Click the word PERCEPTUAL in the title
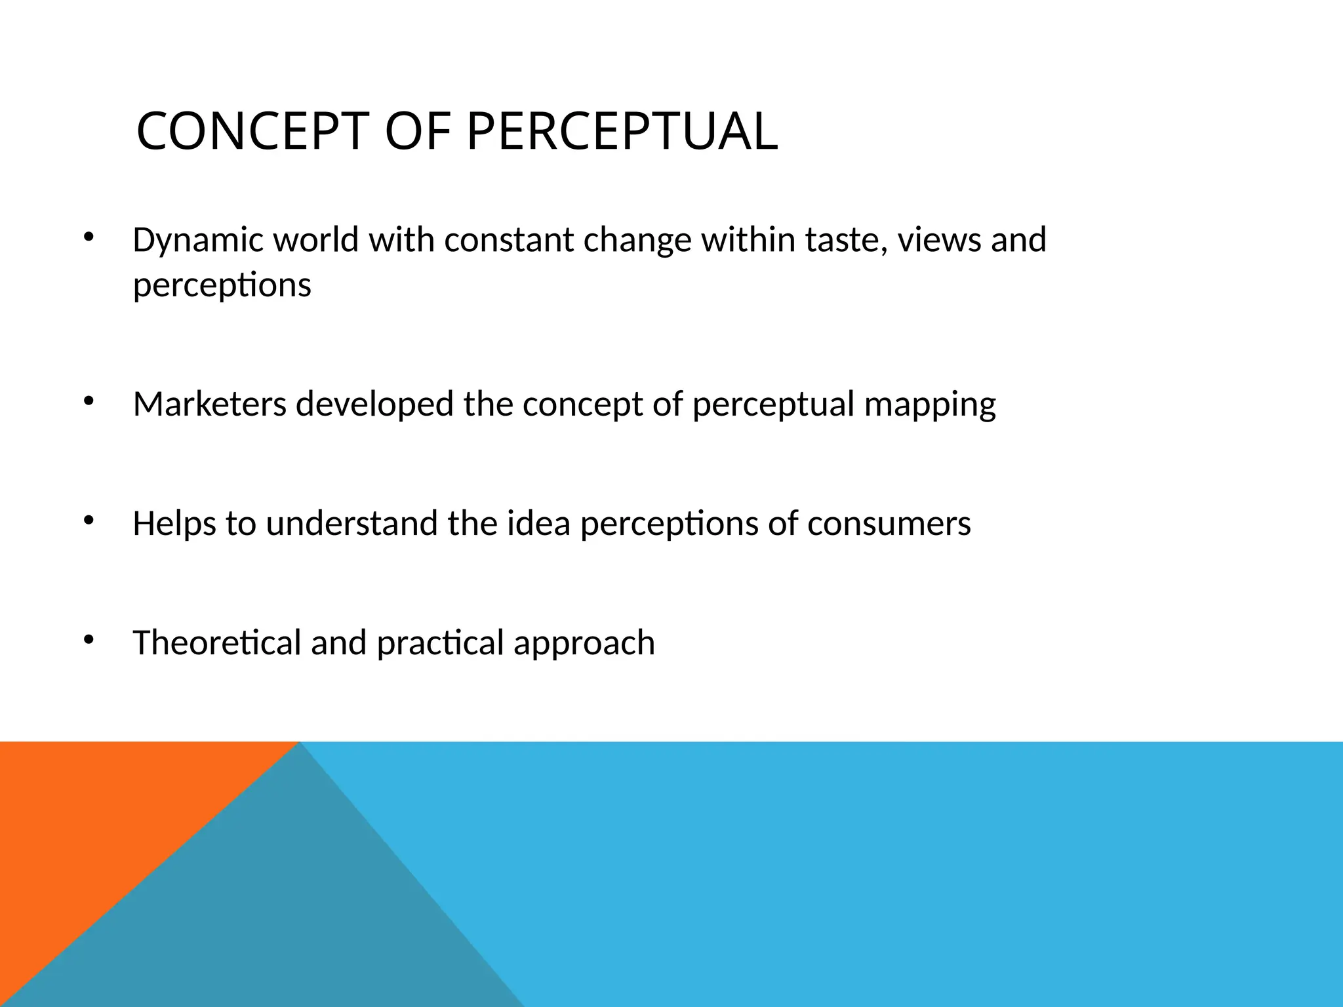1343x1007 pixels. [622, 132]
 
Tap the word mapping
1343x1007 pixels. [929, 405]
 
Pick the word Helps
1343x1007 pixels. [174, 524]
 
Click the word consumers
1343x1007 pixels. [889, 524]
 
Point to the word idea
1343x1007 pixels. [538, 523]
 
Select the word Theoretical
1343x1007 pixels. [216, 642]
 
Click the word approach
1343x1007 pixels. [584, 644]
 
